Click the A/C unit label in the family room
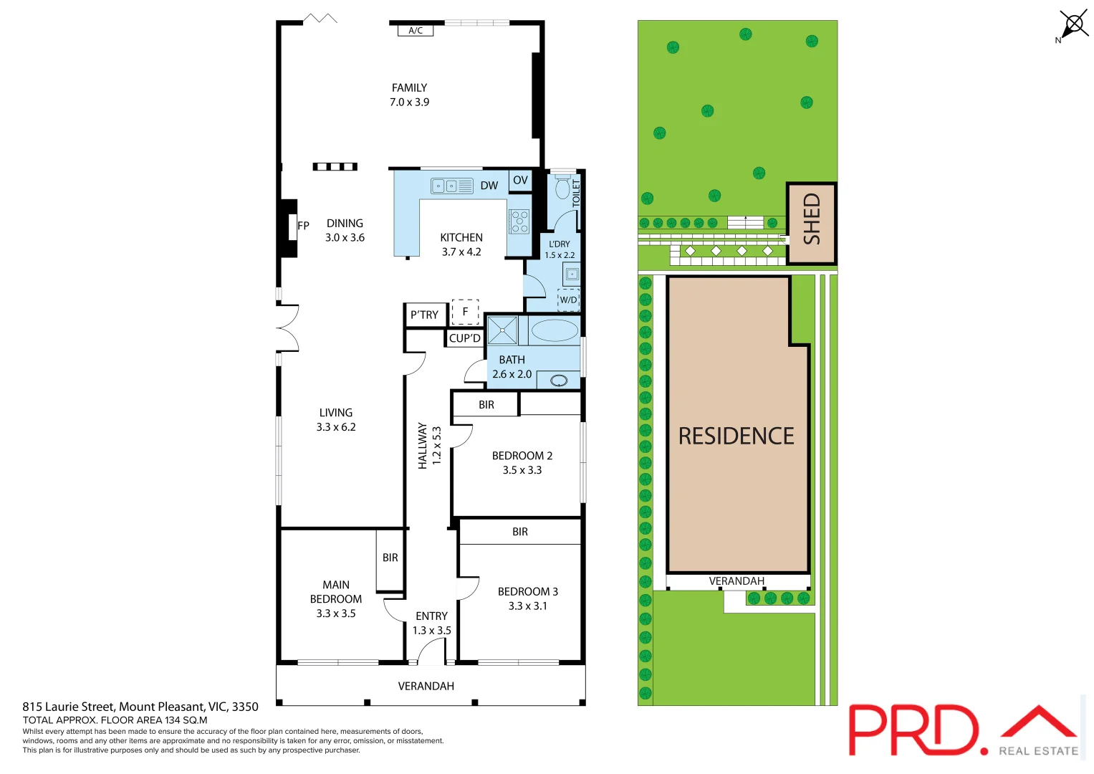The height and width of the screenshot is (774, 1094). pos(416,31)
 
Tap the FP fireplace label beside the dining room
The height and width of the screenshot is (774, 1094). pos(303,226)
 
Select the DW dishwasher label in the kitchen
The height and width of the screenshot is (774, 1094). pos(489,186)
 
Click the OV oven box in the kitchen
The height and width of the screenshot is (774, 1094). pos(520,181)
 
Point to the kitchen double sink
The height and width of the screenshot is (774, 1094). pos(451,186)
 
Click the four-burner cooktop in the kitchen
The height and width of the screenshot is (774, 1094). pos(519,221)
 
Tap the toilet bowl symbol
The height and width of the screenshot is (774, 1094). pos(562,189)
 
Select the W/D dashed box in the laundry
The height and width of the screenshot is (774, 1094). pos(568,300)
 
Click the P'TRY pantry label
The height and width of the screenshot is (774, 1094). pos(424,315)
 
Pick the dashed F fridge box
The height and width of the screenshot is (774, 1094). pos(465,312)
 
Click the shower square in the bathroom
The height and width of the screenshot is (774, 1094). pos(502,330)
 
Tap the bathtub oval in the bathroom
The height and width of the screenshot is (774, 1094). pos(554,330)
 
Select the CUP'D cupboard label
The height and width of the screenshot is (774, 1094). pos(464,338)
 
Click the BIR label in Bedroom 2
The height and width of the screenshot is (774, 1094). pos(486,405)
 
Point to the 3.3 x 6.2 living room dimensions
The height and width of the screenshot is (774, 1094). pos(336,427)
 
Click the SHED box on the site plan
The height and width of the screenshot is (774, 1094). pos(811,223)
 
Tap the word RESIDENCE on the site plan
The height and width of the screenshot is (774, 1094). pos(736,436)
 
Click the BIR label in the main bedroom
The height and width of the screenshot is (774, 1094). pos(390,558)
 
